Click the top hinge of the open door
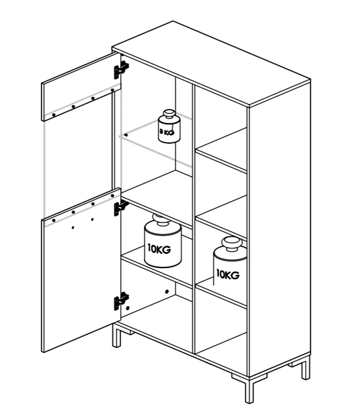(x=121, y=69)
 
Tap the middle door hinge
(x=121, y=208)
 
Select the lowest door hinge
(x=121, y=301)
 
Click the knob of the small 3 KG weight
(x=169, y=115)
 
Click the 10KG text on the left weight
(x=159, y=249)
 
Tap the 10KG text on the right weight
(x=228, y=274)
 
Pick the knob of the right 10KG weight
(x=232, y=243)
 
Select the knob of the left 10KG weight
(x=162, y=219)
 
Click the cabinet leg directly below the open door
(x=116, y=335)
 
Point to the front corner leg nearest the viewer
(x=249, y=390)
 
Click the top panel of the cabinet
(x=211, y=64)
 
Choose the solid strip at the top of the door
(x=81, y=87)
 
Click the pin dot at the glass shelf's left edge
(x=126, y=135)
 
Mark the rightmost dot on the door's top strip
(x=112, y=90)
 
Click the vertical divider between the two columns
(x=194, y=219)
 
